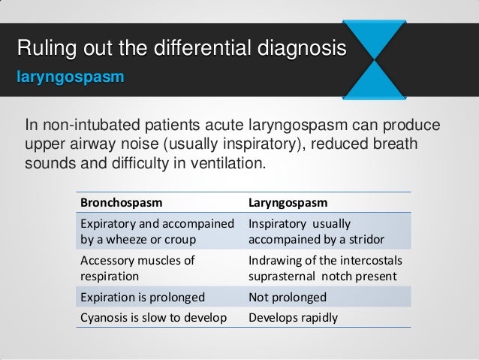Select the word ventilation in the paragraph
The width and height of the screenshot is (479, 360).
tap(222, 162)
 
